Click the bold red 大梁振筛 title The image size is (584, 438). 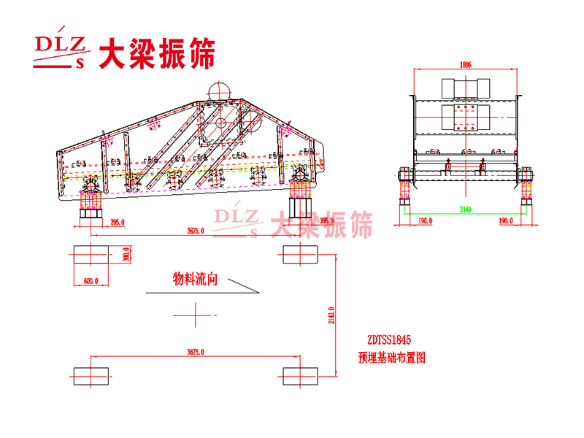point(157,53)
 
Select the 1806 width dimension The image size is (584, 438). point(465,64)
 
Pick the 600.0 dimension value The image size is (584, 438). point(90,280)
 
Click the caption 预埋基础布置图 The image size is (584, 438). point(391,358)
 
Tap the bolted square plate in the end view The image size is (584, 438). point(464,118)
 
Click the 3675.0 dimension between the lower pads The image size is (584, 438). point(194,352)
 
